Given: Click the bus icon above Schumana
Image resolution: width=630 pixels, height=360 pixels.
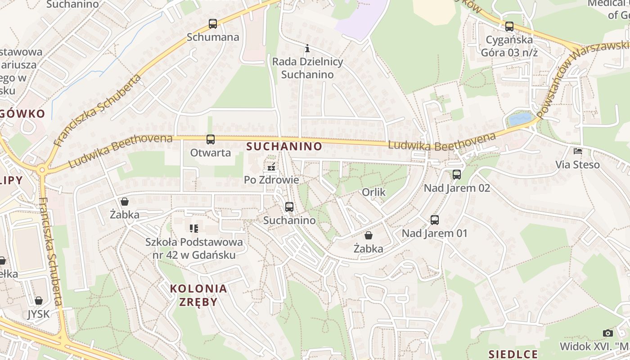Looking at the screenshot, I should click(x=213, y=24).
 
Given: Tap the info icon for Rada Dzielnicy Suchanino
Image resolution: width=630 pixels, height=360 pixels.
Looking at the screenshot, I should click(x=307, y=48).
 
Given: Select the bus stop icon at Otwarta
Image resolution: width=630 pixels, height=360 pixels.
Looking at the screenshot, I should click(x=211, y=139).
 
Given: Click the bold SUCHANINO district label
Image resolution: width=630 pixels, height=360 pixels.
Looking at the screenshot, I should click(x=284, y=146).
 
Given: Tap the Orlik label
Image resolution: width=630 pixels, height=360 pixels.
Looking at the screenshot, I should click(x=374, y=192).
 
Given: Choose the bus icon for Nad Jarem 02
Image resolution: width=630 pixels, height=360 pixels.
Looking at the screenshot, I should click(x=457, y=175).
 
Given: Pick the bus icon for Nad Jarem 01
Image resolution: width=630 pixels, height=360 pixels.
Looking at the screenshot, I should click(x=435, y=220).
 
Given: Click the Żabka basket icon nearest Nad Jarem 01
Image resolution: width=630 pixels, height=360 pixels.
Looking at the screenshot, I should click(x=369, y=235).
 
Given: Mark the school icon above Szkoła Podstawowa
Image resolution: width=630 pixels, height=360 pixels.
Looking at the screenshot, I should click(x=194, y=229).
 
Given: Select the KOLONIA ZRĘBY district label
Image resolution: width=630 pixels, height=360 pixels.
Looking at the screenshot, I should click(x=198, y=295).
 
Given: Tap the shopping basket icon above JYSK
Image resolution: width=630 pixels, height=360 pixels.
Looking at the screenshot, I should click(x=39, y=301).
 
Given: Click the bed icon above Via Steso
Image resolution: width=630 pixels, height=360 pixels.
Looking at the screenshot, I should click(x=578, y=151).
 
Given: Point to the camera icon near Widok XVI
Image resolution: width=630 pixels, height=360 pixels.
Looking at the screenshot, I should click(x=608, y=333).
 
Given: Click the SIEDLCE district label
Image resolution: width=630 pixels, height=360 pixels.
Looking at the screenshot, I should click(x=513, y=354).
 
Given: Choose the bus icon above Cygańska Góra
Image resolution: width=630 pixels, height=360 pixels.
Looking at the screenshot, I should click(x=509, y=27).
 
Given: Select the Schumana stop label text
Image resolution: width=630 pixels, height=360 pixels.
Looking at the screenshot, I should click(x=213, y=37).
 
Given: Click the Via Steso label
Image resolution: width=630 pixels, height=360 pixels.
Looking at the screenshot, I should click(x=578, y=165).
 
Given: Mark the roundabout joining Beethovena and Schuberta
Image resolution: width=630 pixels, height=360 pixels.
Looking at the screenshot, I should click(x=42, y=170).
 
